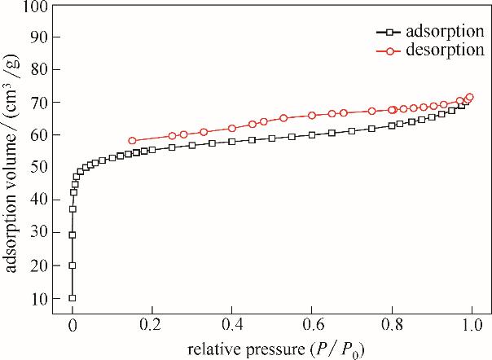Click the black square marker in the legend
pos(391,33)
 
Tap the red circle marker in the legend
pos(391,50)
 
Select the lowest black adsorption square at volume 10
pos(72,298)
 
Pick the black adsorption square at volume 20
pos(72,266)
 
